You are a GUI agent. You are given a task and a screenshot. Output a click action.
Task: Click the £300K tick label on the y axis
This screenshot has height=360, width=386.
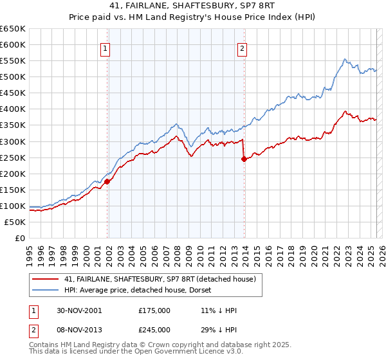13,141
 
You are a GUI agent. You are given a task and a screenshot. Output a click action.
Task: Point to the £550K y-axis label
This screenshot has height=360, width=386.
13,61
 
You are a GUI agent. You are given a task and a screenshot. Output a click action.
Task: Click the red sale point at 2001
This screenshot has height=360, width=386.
107,181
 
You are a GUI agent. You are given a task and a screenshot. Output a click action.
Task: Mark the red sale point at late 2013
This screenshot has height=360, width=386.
244,159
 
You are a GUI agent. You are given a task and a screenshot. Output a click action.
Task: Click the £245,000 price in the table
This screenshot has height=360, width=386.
154,329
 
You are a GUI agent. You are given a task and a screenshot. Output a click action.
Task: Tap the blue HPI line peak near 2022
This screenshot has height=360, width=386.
345,59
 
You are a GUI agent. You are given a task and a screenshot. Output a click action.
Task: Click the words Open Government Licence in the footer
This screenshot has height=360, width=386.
165,354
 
